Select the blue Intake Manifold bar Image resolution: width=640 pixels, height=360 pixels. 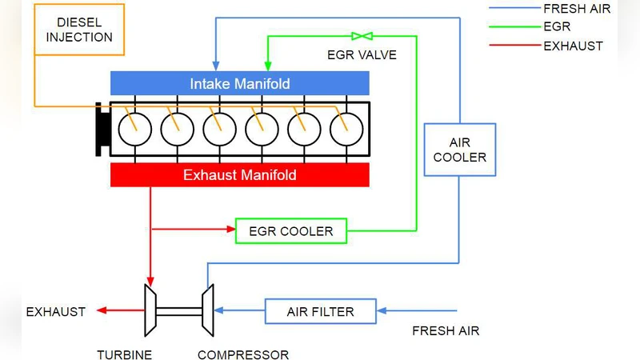click(239, 83)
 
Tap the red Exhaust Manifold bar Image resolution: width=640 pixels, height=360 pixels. click(239, 174)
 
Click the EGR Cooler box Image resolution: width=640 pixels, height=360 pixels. click(290, 231)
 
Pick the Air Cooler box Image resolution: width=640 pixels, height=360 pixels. click(459, 149)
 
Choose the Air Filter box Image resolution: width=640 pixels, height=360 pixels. click(320, 310)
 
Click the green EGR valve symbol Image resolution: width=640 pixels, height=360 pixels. click(362, 36)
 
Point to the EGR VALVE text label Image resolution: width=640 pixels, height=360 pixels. click(362, 56)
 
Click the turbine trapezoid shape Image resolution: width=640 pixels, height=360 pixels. click(149, 310)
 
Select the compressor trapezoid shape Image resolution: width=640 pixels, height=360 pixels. click(206, 310)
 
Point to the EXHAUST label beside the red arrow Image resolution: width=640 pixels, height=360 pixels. click(56, 311)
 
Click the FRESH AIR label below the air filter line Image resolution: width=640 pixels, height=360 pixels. click(446, 330)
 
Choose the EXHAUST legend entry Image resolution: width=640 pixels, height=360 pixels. click(573, 46)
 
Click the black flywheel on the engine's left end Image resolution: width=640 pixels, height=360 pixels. click(101, 129)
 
